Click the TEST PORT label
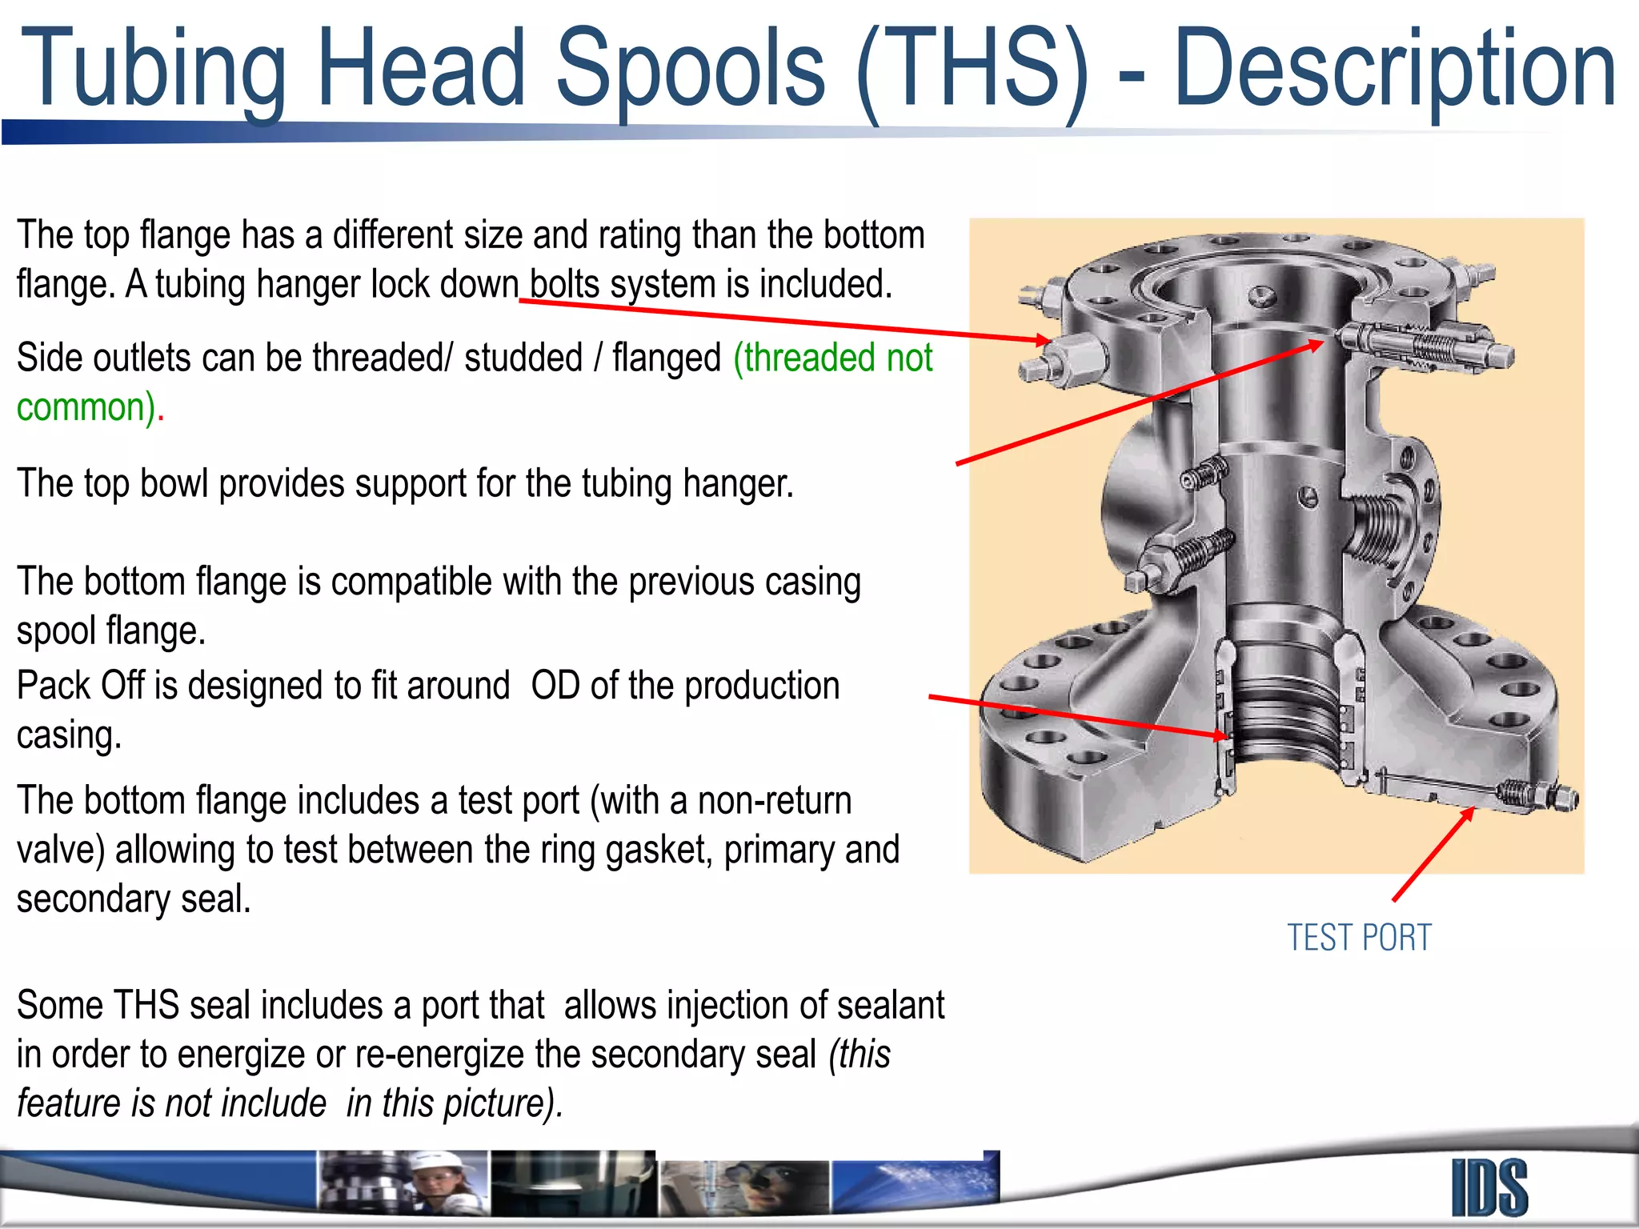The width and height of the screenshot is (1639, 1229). tap(1359, 938)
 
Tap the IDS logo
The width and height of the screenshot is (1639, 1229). tap(1489, 1187)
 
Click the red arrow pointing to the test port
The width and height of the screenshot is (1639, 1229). tap(1433, 855)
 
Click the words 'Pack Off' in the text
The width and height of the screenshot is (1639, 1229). tap(81, 686)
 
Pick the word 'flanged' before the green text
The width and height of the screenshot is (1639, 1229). tap(667, 358)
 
